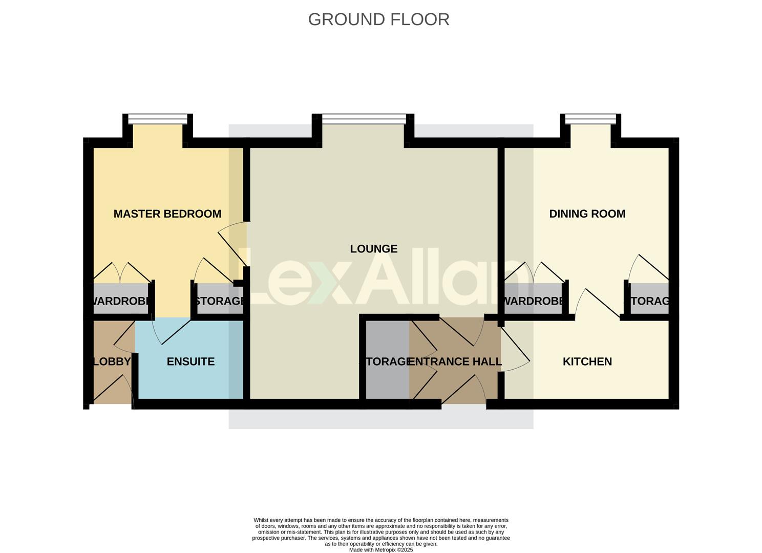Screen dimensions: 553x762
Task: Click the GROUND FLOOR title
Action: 378,19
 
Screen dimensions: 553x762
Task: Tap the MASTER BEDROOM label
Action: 167,214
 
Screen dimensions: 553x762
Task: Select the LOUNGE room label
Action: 373,249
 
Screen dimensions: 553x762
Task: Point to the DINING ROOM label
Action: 587,214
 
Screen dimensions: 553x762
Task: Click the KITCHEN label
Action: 587,361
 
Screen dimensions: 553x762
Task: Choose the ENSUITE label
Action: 190,361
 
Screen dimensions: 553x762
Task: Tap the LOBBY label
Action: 111,361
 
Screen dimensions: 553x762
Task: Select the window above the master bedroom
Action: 158,119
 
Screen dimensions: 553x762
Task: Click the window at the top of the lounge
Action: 364,119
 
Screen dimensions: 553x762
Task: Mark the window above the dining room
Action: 590,119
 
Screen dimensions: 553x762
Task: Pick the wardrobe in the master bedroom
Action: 121,301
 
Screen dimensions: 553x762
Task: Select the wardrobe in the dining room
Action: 534,301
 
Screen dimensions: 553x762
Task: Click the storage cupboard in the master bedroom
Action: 219,301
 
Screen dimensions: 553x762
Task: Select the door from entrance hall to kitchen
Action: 515,348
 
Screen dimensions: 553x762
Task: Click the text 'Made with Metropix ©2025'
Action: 380,550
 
